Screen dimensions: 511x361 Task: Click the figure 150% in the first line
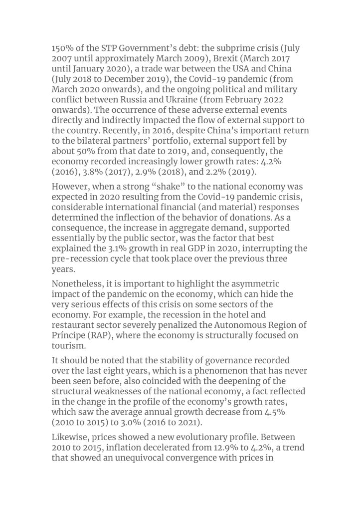pos(63,49)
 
